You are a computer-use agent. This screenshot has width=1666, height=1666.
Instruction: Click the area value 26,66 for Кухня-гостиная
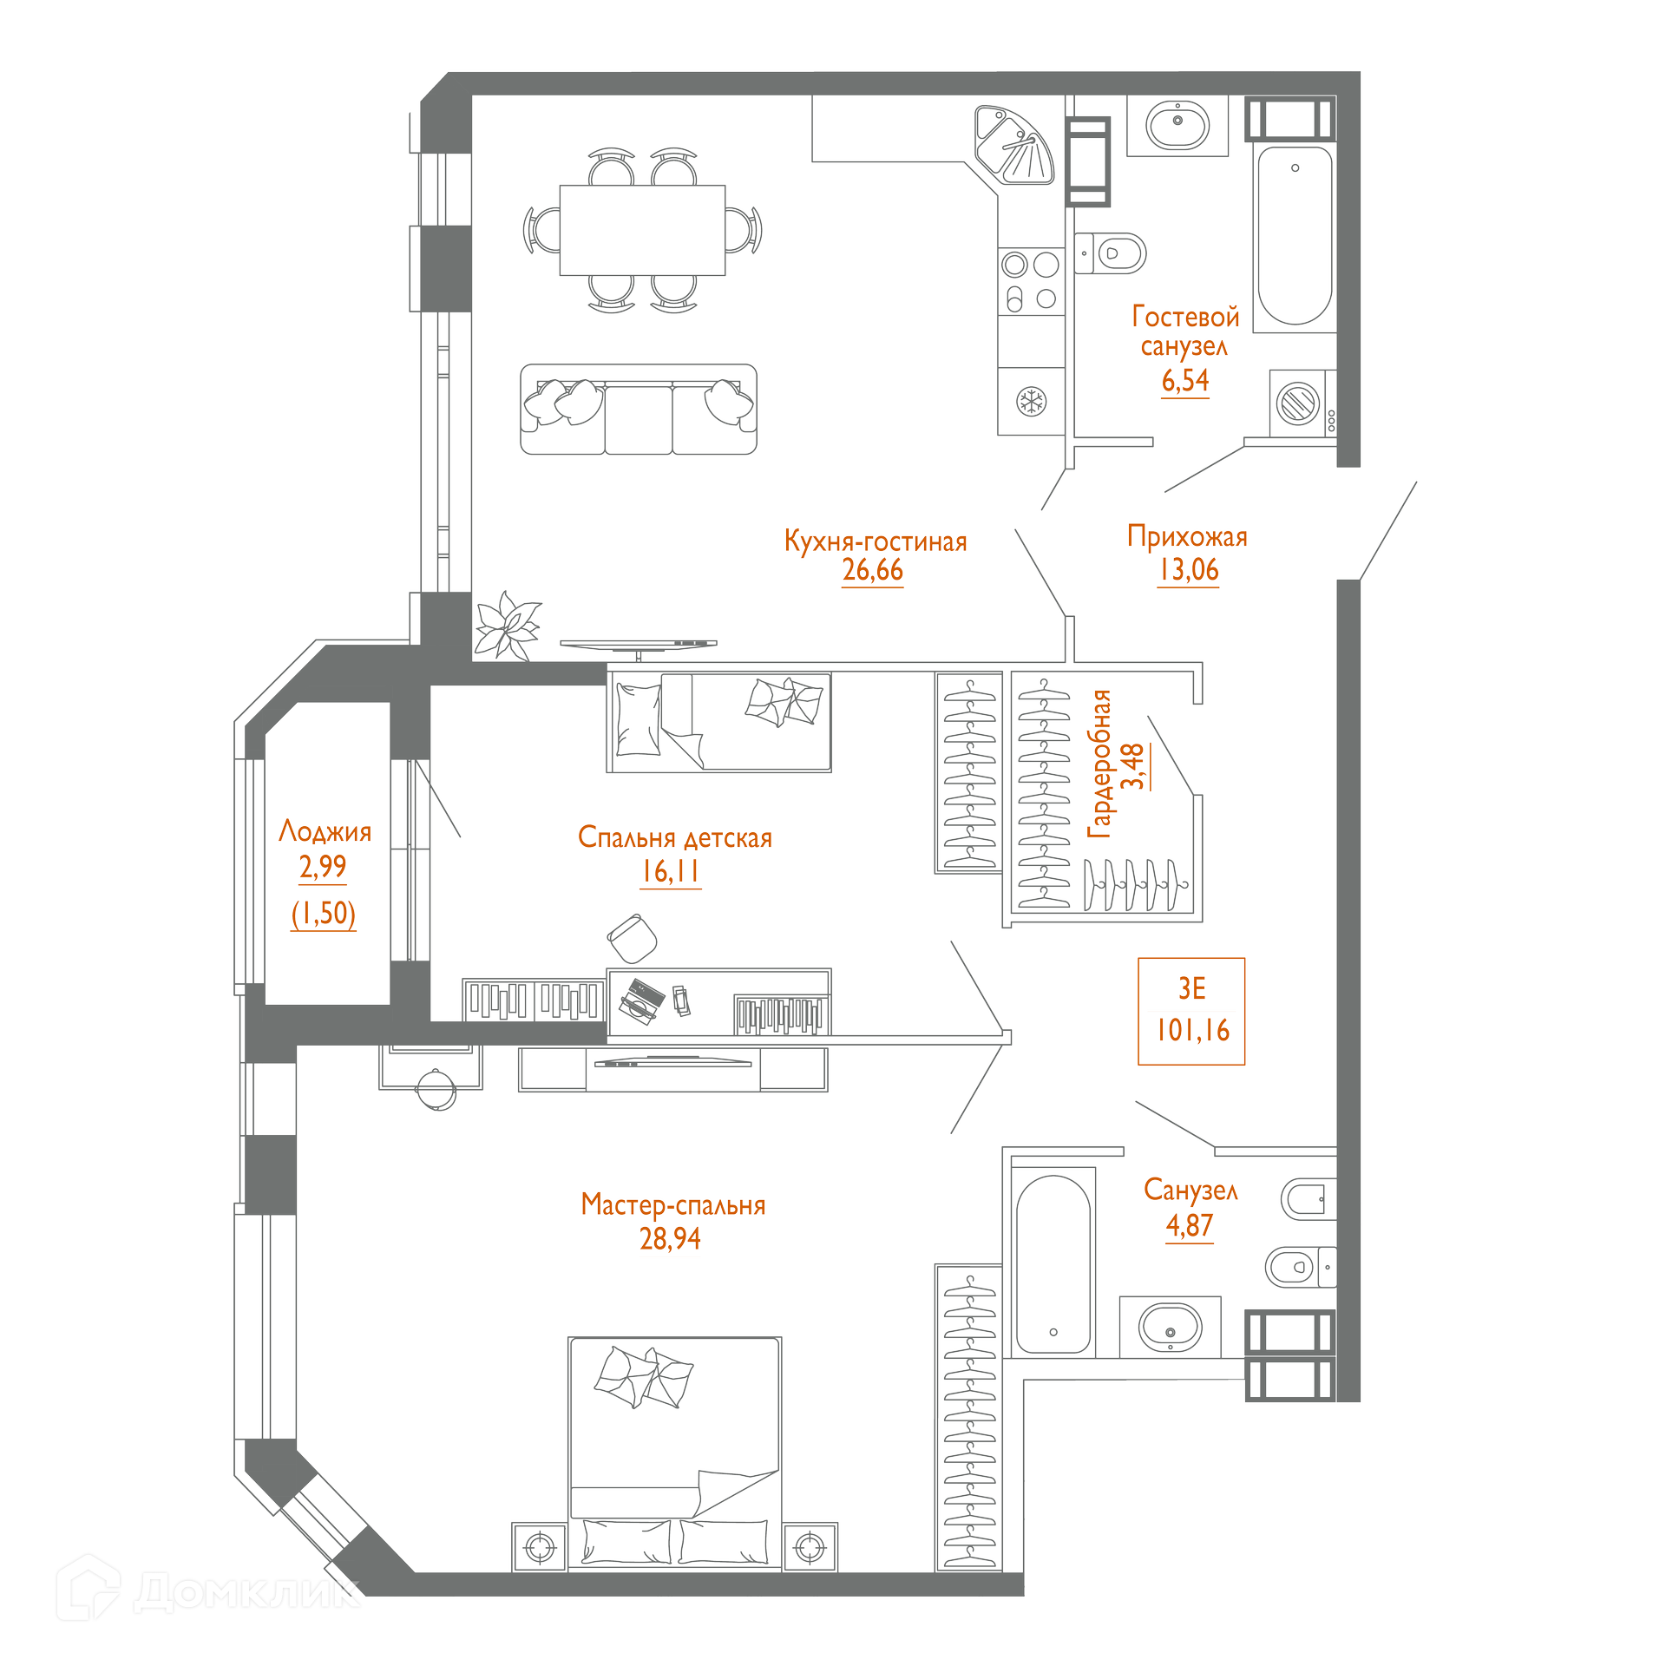pyautogui.click(x=872, y=570)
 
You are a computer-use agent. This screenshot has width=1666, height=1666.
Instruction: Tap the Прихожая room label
pyautogui.click(x=1187, y=536)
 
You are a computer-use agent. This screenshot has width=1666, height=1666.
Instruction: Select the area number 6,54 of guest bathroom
pyautogui.click(x=1184, y=380)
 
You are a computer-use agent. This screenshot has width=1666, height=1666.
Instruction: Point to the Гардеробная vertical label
pyautogui.click(x=1099, y=764)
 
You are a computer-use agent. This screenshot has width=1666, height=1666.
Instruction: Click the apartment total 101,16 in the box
pyautogui.click(x=1192, y=1030)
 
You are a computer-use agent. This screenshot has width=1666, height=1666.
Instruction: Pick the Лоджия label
pyautogui.click(x=325, y=831)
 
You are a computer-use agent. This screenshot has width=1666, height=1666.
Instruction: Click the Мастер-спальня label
pyautogui.click(x=672, y=1204)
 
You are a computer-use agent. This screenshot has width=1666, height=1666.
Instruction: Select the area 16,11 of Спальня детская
pyautogui.click(x=670, y=871)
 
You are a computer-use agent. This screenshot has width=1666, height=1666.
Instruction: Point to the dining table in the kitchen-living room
pyautogui.click(x=642, y=230)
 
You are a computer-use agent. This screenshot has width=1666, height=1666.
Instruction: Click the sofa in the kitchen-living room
pyautogui.click(x=638, y=410)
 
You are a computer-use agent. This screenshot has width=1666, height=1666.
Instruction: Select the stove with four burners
pyautogui.click(x=1031, y=281)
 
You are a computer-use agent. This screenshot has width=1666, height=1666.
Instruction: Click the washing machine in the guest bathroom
pyautogui.click(x=1298, y=403)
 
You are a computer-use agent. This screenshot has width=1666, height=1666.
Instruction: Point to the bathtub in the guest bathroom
pyautogui.click(x=1295, y=236)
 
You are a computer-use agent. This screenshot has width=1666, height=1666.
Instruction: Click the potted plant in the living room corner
pyautogui.click(x=508, y=626)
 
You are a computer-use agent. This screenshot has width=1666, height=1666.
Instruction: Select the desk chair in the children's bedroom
pyautogui.click(x=633, y=937)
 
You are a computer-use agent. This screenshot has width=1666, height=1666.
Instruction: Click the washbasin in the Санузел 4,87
pyautogui.click(x=1170, y=1327)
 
